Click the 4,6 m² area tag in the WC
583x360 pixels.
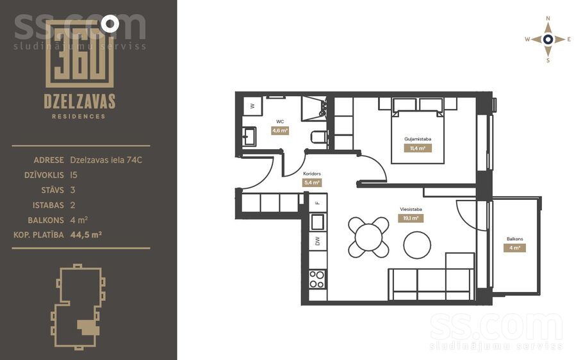pyautogui.click(x=280, y=131)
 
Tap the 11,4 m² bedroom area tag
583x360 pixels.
pyautogui.click(x=418, y=149)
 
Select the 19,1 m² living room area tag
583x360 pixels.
pyautogui.click(x=411, y=218)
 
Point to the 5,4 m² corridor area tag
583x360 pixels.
pyautogui.click(x=312, y=183)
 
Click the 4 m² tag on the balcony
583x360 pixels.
pyautogui.click(x=514, y=248)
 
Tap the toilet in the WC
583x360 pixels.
pyautogui.click(x=319, y=137)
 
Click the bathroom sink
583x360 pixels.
pyautogui.click(x=249, y=136)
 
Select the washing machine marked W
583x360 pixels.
pyautogui.click(x=253, y=106)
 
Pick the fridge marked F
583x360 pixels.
pyautogui.click(x=318, y=202)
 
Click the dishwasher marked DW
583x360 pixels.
pyautogui.click(x=318, y=241)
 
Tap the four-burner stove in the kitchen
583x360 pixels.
pyautogui.click(x=317, y=279)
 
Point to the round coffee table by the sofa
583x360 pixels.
pyautogui.click(x=417, y=245)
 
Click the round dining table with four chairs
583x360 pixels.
pyautogui.click(x=368, y=237)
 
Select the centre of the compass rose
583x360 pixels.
pyautogui.click(x=548, y=39)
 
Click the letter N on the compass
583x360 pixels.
pyautogui.click(x=548, y=18)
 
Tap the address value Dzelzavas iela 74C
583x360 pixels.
pyautogui.click(x=106, y=160)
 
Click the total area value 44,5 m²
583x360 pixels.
pyautogui.click(x=86, y=234)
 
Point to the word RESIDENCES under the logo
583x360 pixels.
pyautogui.click(x=78, y=117)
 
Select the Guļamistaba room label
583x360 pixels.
pyautogui.click(x=418, y=139)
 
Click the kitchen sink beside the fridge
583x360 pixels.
pyautogui.click(x=318, y=222)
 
